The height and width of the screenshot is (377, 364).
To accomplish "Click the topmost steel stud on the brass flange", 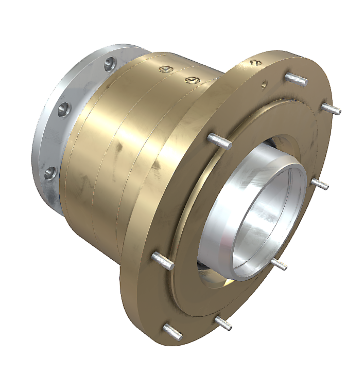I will coord(297,79).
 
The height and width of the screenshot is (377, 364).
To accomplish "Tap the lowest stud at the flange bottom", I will coord(172,332).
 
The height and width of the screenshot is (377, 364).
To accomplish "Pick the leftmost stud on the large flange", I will coord(162,260).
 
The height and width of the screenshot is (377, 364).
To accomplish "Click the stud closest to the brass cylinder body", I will coord(219,141).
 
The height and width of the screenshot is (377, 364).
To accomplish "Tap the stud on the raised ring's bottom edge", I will coord(223,323).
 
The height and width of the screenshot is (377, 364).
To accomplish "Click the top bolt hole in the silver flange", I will coord(109,64).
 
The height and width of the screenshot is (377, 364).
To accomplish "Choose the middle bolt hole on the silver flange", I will coord(64,109).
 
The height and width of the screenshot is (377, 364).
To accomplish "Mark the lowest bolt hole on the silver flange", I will coord(50,173).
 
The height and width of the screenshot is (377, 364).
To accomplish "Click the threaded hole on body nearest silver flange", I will coord(165,68).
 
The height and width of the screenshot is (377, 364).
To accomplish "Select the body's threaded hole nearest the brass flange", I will coord(192,80).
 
